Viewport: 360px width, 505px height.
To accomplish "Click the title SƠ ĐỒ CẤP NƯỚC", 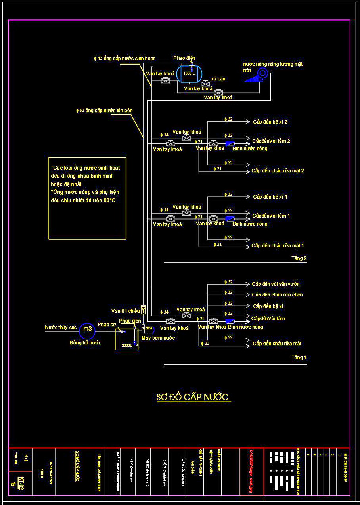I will click(x=193, y=397).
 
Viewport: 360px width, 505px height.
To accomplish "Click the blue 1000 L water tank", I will click(x=189, y=73).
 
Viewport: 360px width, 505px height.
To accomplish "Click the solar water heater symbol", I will click(x=257, y=75).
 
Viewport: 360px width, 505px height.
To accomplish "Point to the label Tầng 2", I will click(x=299, y=258).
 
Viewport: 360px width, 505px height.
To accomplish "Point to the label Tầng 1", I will click(x=299, y=358).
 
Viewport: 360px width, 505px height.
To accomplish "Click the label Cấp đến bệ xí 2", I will click(x=270, y=122).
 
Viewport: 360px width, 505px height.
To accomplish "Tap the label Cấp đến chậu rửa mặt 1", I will click(x=278, y=246).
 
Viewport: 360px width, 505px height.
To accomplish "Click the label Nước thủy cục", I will click(x=61, y=327).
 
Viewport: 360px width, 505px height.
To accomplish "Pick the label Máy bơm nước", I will click(x=158, y=338).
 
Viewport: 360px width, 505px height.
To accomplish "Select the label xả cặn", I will click(x=218, y=79).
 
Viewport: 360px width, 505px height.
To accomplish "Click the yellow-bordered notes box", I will click(x=87, y=198).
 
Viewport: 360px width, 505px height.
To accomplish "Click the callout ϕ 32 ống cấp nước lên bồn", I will click(x=105, y=111).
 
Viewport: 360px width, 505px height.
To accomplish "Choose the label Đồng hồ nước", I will click(x=85, y=343).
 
